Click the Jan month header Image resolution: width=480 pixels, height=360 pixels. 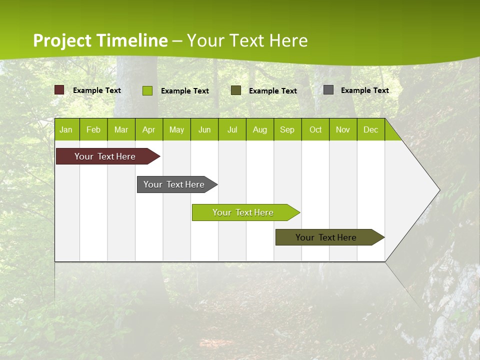pyautogui.click(x=66, y=130)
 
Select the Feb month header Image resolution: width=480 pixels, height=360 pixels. pyautogui.click(x=93, y=130)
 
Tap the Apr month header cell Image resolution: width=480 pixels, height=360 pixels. pyautogui.click(x=149, y=130)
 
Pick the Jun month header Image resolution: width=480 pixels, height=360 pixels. pyautogui.click(x=204, y=130)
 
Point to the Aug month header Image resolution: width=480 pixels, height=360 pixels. pyautogui.click(x=260, y=130)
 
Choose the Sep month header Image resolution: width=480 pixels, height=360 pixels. pyautogui.click(x=287, y=130)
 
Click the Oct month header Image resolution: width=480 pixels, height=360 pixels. pyautogui.click(x=315, y=130)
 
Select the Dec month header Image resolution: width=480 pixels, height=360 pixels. pyautogui.click(x=371, y=130)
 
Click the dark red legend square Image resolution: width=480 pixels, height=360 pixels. pyautogui.click(x=59, y=90)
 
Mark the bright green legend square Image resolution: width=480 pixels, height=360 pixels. pyautogui.click(x=147, y=90)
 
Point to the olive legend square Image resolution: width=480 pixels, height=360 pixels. pyautogui.click(x=236, y=90)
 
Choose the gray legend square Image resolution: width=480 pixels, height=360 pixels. pyautogui.click(x=328, y=90)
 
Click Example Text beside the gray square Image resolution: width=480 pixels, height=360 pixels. pyautogui.click(x=364, y=90)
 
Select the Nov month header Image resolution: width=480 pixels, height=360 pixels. pyautogui.click(x=343, y=130)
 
